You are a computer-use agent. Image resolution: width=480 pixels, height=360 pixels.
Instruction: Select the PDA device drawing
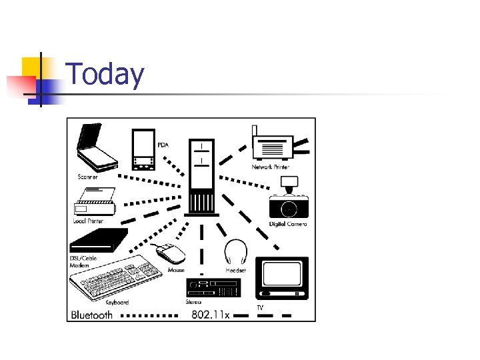pyautogui.click(x=143, y=151)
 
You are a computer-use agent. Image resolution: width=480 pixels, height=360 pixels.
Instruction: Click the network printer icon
pyautogui.click(x=273, y=145)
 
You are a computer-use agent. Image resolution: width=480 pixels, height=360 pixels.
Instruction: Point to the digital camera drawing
pyautogui.click(x=289, y=204)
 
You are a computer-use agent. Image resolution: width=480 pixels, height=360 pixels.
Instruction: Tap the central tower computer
pyautogui.click(x=202, y=177)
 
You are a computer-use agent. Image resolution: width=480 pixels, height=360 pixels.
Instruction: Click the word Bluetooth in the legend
pyautogui.click(x=92, y=315)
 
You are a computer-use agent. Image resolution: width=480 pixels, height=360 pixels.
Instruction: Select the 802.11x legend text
pyautogui.click(x=210, y=314)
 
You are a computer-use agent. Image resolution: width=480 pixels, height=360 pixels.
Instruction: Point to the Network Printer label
pyautogui.click(x=270, y=167)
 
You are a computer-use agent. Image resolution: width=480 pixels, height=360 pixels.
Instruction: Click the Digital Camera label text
pyautogui.click(x=288, y=224)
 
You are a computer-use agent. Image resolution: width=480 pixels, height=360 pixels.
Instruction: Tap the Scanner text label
pyautogui.click(x=87, y=177)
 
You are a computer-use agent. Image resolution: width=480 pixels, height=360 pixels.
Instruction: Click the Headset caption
pyautogui.click(x=236, y=271)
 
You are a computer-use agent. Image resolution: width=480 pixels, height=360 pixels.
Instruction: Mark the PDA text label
pyautogui.click(x=163, y=145)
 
